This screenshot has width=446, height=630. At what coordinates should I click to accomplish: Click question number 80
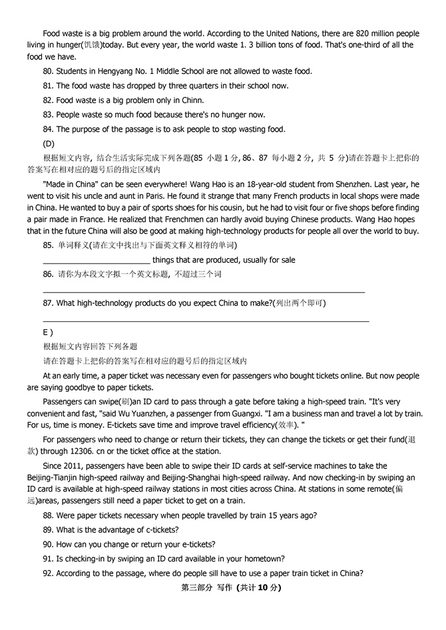[x=48, y=71]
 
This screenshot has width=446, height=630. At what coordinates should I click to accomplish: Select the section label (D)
[x=49, y=144]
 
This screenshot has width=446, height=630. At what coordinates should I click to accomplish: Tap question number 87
[x=48, y=303]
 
